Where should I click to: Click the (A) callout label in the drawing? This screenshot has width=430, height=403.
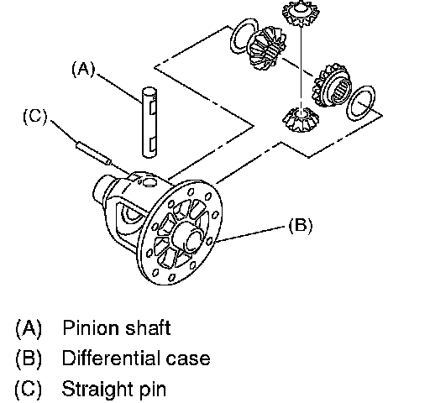click(x=83, y=69)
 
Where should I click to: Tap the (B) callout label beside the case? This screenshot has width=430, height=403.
click(x=301, y=226)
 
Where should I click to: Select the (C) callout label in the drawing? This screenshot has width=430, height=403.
click(x=35, y=116)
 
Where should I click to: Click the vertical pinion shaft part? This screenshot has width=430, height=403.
click(x=149, y=123)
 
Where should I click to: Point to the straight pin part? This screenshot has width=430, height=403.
click(x=93, y=153)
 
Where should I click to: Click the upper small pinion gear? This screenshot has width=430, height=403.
click(x=301, y=13)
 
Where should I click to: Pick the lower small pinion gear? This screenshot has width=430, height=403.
click(x=301, y=119)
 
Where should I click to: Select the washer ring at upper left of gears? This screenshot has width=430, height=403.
click(x=244, y=36)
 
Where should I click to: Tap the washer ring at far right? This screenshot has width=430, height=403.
click(x=361, y=103)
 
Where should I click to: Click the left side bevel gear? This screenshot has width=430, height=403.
click(x=267, y=48)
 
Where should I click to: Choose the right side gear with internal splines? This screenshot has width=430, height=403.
click(x=333, y=86)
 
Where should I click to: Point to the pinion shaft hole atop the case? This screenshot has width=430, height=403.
click(x=149, y=182)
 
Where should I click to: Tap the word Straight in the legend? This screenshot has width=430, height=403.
click(x=97, y=389)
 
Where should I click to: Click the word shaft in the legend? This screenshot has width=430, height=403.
click(x=148, y=327)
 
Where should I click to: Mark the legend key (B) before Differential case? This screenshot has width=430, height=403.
click(x=29, y=359)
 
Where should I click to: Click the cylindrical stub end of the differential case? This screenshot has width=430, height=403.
click(x=101, y=191)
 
